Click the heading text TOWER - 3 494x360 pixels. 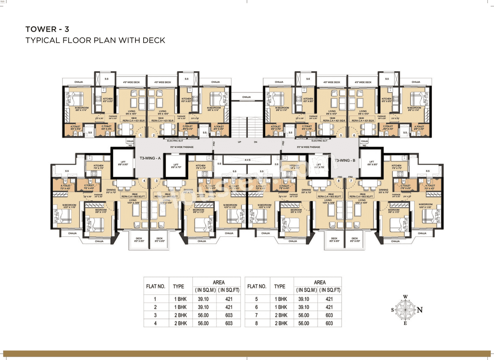(x=47, y=29)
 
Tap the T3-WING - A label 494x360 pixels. (x=150, y=158)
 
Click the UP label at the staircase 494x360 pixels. (x=240, y=142)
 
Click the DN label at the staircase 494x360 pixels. (x=255, y=142)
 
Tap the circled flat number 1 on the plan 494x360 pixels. (x=141, y=135)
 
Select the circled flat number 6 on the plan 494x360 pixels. (x=354, y=135)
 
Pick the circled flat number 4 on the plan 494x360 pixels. (x=144, y=181)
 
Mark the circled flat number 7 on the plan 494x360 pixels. (x=351, y=181)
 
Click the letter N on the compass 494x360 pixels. (x=420, y=310)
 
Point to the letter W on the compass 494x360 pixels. (x=405, y=297)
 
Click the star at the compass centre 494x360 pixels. (x=405, y=310)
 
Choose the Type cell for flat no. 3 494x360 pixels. (x=180, y=315)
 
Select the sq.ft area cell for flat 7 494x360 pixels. (x=329, y=315)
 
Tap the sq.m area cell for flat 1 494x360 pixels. (x=204, y=299)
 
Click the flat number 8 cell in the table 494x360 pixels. (x=257, y=323)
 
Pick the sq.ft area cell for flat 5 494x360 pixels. (x=329, y=299)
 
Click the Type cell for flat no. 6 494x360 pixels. (x=281, y=307)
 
